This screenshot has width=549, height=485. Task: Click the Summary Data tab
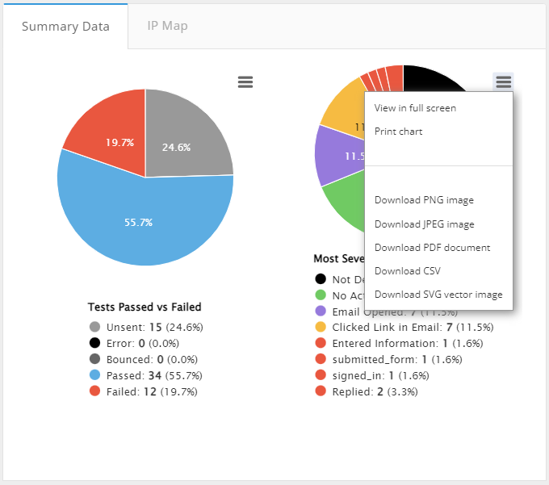coord(65,26)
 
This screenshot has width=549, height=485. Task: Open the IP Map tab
coord(167,26)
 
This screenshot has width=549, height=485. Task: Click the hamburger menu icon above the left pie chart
coord(245,82)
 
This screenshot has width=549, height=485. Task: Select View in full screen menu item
coord(415,108)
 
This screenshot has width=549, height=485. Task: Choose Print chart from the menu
coord(398,132)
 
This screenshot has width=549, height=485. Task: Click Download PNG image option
coord(424,200)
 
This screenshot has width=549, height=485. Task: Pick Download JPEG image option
coord(424,224)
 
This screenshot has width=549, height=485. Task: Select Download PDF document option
coord(432,248)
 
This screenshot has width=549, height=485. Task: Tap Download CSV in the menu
coord(407,271)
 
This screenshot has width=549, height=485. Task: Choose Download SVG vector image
coord(438,295)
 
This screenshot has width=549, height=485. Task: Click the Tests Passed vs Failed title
coord(145,307)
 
